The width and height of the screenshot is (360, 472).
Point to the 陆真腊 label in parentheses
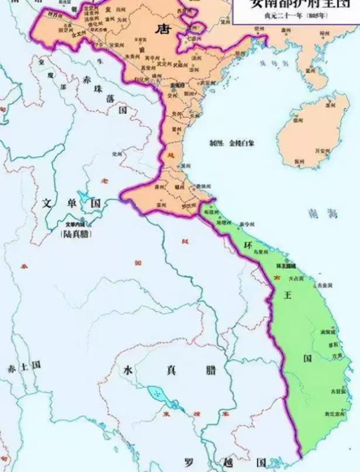(77, 234)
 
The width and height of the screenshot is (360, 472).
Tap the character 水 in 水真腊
(130, 369)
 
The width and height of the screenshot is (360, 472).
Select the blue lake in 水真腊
(156, 396)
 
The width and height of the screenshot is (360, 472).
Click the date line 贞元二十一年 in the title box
(291, 15)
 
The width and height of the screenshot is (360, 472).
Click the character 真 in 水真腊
(170, 369)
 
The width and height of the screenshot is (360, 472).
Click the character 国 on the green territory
(308, 358)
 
